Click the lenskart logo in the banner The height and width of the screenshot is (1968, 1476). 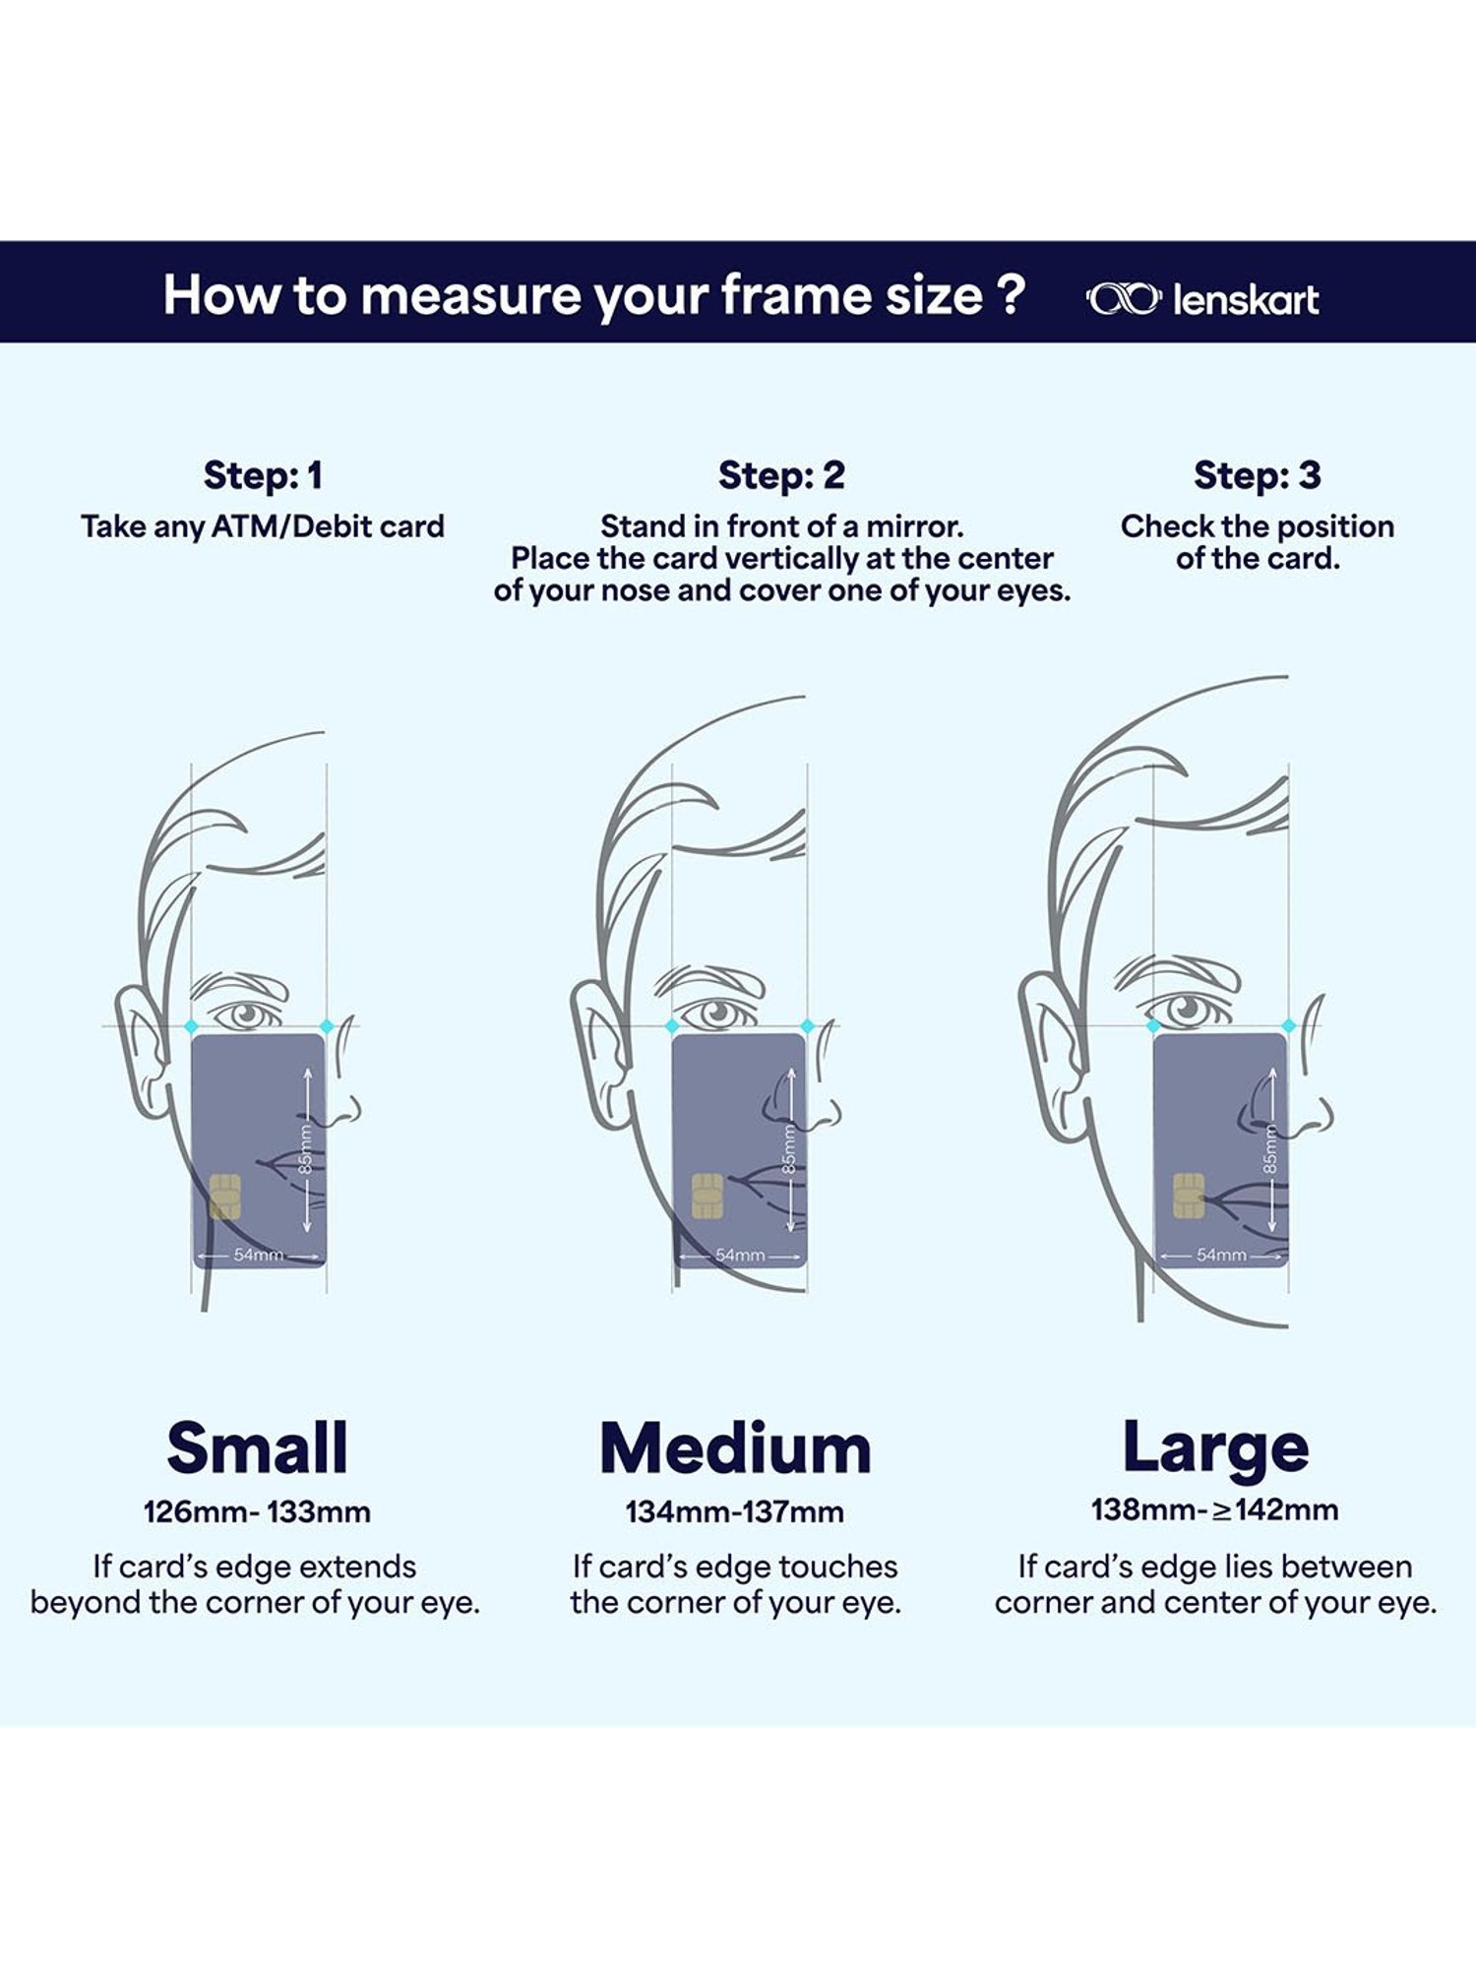[x=1201, y=299]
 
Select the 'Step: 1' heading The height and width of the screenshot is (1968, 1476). [x=263, y=475]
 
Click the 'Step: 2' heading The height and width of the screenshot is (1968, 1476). [x=781, y=475]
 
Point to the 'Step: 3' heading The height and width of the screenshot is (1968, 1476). [x=1257, y=475]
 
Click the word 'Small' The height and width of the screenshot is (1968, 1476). [x=257, y=1447]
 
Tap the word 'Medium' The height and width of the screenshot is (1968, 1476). [x=735, y=1448]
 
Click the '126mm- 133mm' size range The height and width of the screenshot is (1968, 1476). [x=257, y=1511]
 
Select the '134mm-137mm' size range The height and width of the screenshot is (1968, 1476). [x=735, y=1511]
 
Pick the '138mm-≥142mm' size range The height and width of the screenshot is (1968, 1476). [x=1215, y=1509]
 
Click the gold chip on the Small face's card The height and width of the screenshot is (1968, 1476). [x=225, y=1196]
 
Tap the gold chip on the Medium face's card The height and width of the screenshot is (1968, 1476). [x=707, y=1196]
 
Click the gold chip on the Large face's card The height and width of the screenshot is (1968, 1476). [x=1189, y=1196]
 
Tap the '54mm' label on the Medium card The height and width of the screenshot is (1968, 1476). [x=740, y=1255]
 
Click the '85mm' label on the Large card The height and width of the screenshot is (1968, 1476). [x=1270, y=1148]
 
